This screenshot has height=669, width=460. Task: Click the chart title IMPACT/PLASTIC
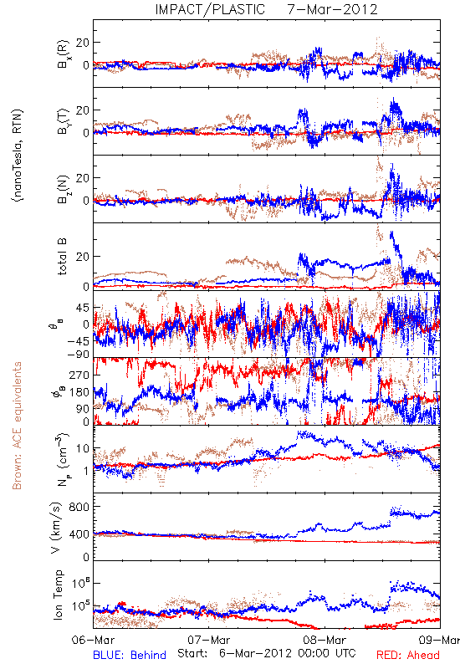[x=210, y=9]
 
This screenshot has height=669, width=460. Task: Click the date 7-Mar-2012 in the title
[x=332, y=9]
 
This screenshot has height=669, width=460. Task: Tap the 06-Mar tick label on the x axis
[x=93, y=640]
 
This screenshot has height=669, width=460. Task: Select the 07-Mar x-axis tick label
[x=208, y=640]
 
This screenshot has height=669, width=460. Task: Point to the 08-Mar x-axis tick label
[x=325, y=640]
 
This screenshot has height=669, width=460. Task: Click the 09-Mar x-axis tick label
[x=440, y=640]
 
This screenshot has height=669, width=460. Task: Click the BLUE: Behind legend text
[x=130, y=655]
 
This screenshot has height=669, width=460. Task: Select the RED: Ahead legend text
[x=408, y=655]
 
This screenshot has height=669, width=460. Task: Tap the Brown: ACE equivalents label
[x=17, y=426]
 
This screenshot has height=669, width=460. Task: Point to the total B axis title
[x=62, y=257]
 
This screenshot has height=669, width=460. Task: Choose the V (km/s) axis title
[x=56, y=528]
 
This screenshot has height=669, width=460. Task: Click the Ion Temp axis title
[x=58, y=595]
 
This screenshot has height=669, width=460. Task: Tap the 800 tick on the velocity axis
[x=79, y=507]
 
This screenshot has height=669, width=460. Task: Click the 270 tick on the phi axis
[x=79, y=375]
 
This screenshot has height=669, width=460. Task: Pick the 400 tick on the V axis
[x=79, y=534]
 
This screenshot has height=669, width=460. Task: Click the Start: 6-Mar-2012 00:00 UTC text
[x=266, y=653]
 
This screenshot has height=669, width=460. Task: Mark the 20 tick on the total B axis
[x=83, y=257]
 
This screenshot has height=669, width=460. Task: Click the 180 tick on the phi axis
[x=79, y=392]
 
